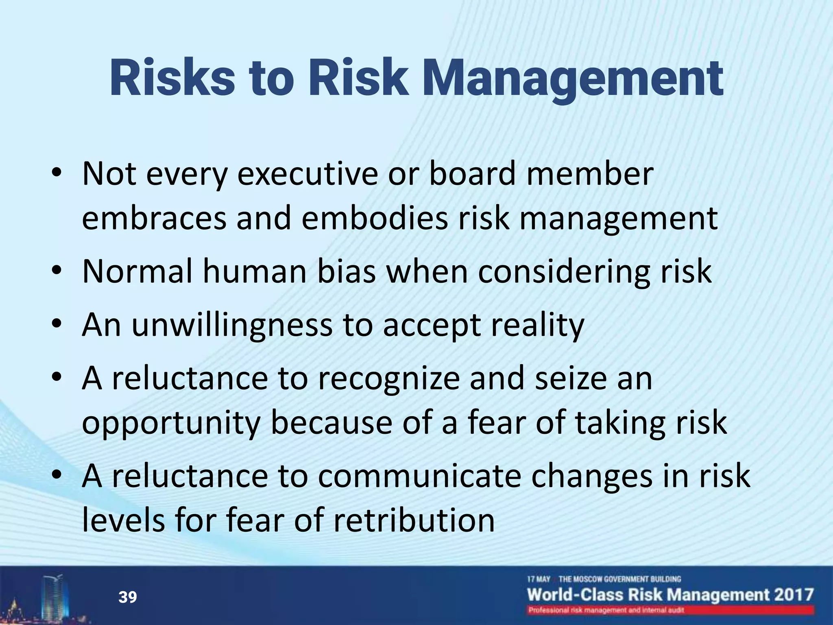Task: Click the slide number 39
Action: coord(127,597)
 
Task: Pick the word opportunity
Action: coord(171,423)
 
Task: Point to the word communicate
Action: coord(419,476)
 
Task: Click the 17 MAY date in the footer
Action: coord(539,579)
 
